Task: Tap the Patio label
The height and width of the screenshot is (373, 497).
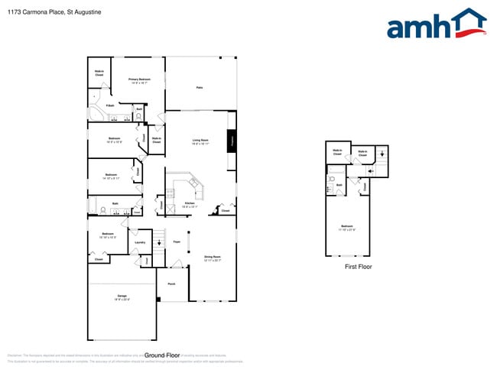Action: pyautogui.click(x=199, y=88)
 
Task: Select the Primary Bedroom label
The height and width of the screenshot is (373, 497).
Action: pyautogui.click(x=139, y=80)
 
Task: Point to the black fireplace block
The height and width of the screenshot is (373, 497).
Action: pyautogui.click(x=231, y=141)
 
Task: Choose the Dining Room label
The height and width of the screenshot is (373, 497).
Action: pyautogui.click(x=212, y=258)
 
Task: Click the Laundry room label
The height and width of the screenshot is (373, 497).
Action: pyautogui.click(x=140, y=242)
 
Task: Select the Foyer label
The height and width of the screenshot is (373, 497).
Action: pyautogui.click(x=176, y=242)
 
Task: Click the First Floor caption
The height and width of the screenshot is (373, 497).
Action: pyautogui.click(x=358, y=267)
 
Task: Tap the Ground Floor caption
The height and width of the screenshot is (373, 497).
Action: pyautogui.click(x=161, y=355)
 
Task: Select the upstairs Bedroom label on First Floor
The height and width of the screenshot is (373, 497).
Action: pyautogui.click(x=347, y=226)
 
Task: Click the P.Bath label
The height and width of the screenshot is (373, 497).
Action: pyautogui.click(x=110, y=105)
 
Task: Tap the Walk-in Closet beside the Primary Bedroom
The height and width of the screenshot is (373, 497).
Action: pyautogui.click(x=99, y=73)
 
